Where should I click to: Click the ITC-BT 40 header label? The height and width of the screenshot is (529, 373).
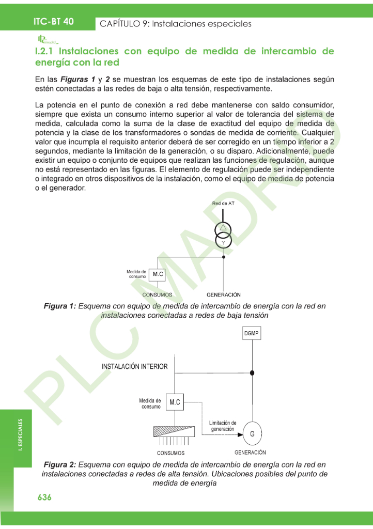(53, 21)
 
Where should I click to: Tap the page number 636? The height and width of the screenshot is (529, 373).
(44, 497)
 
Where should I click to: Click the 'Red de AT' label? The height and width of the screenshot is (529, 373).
(223, 204)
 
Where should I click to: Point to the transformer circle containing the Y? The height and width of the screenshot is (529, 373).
(223, 242)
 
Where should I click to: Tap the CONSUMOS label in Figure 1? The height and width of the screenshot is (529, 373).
(158, 295)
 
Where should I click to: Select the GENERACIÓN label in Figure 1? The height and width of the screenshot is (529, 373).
(223, 295)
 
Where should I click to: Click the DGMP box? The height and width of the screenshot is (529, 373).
(252, 334)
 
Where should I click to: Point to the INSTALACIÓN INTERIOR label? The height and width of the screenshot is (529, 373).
(134, 366)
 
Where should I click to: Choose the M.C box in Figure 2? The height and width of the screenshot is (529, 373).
(174, 401)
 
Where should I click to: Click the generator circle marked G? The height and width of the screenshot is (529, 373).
(252, 434)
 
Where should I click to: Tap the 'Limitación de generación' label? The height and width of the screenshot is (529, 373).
(223, 426)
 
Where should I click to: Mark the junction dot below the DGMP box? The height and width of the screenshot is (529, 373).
(252, 372)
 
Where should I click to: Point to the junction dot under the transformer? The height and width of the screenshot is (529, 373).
(223, 256)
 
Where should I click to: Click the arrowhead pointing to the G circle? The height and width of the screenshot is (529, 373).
(240, 434)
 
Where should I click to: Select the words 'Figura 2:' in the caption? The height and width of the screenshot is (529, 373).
(60, 464)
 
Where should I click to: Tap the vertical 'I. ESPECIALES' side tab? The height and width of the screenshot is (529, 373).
(21, 435)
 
